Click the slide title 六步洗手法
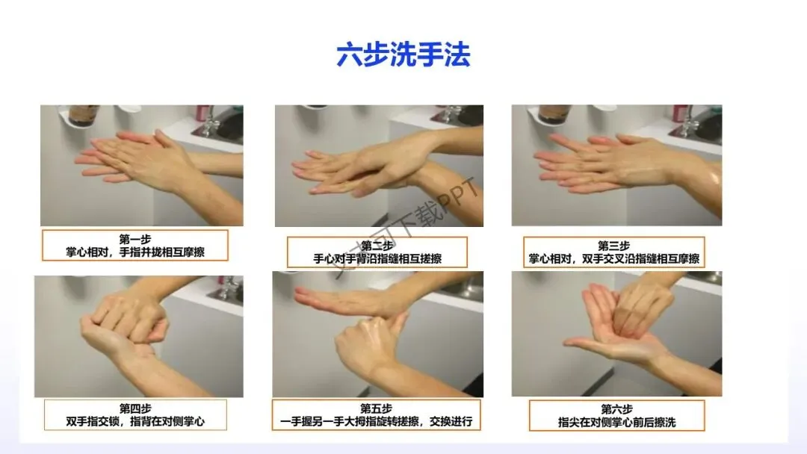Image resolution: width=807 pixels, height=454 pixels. [403, 55]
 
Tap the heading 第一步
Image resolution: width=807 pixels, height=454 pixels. [134, 239]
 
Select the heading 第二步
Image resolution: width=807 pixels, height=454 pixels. [377, 245]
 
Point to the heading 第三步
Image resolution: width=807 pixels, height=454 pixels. [613, 246]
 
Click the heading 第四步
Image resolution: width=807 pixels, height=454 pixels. [134, 408]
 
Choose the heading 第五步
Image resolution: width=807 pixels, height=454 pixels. [376, 408]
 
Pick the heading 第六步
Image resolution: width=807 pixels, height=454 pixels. [616, 409]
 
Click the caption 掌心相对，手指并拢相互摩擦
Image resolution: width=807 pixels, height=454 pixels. [134, 252]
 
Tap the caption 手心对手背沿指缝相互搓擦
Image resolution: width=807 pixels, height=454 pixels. [377, 258]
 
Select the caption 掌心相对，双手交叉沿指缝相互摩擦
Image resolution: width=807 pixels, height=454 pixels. [614, 258]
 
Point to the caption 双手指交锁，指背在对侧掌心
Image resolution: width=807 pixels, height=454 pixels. [134, 422]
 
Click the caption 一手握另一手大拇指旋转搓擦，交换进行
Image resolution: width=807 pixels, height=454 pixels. [376, 422]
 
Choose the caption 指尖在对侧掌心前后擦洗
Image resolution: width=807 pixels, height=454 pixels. [616, 422]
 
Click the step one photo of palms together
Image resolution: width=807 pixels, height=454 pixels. [141, 166]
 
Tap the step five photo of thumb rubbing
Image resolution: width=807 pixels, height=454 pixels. [378, 335]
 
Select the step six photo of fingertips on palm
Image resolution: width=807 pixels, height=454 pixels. [616, 334]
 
